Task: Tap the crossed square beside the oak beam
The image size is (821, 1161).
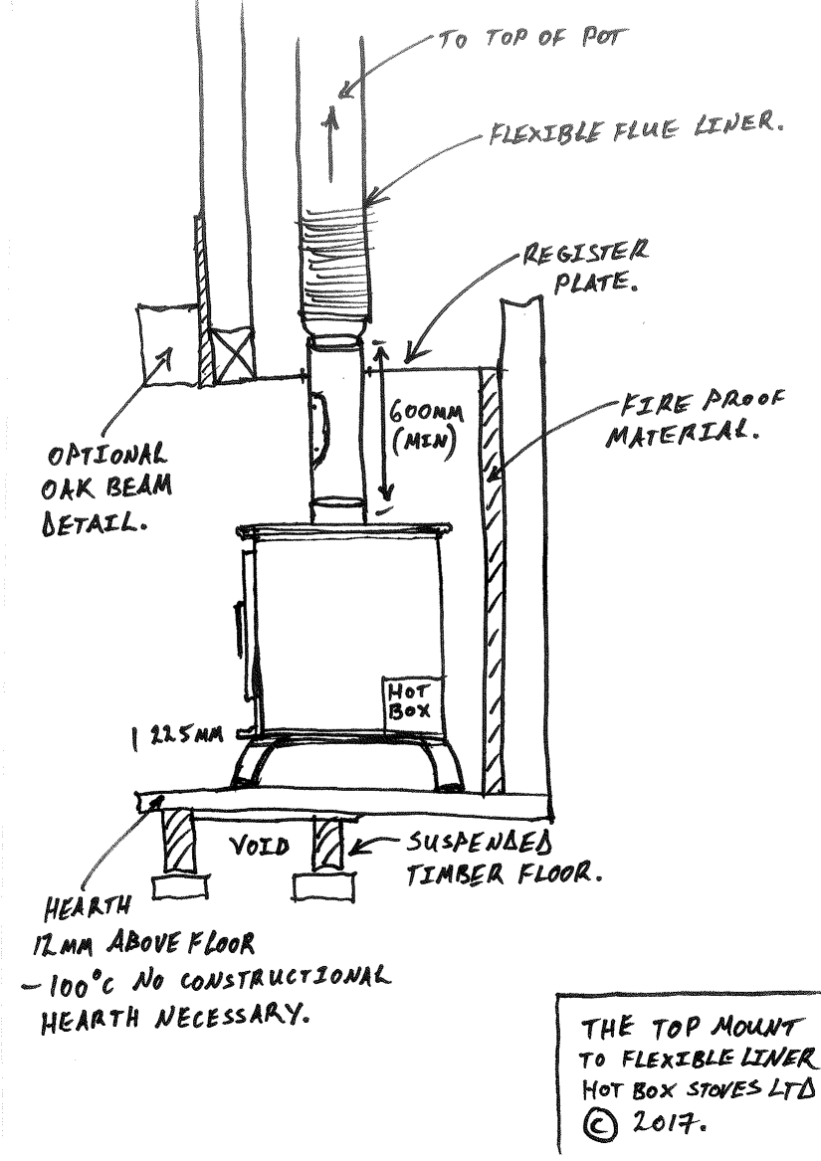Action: coord(237,355)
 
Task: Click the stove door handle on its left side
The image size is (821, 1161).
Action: coord(238,627)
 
